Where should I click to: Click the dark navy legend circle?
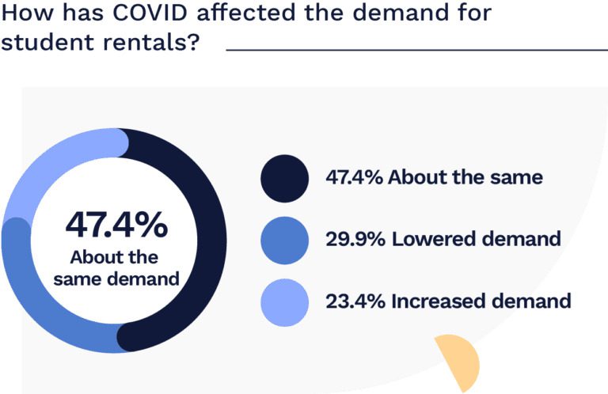pos(284,177)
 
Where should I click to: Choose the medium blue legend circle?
pos(284,239)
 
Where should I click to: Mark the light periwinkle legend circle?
pos(284,301)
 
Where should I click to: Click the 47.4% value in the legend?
pos(355,177)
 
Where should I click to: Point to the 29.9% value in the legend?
pos(355,239)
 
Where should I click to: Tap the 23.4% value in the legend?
pos(355,301)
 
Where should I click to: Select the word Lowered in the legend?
pos(431,239)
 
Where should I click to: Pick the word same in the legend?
pos(518,177)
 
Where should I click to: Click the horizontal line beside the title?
pos(416,50)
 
